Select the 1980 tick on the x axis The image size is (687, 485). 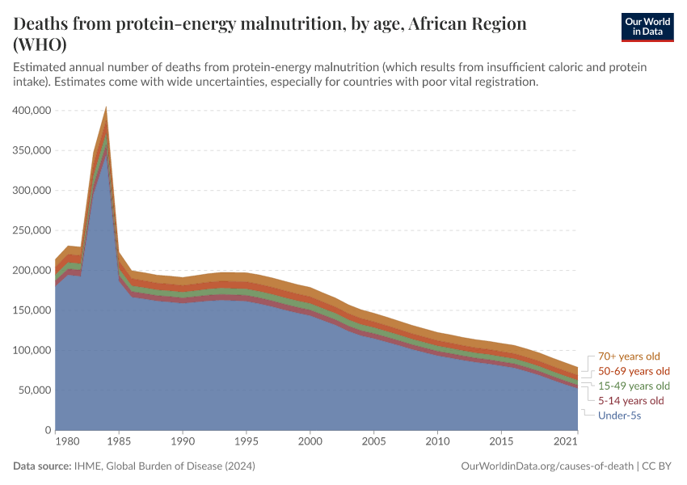pyautogui.click(x=67, y=443)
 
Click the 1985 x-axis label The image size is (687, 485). pyautogui.click(x=119, y=443)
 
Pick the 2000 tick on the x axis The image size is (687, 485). pyautogui.click(x=310, y=443)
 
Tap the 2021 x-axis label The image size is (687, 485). pyautogui.click(x=566, y=443)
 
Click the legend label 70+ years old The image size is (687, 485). pyautogui.click(x=630, y=356)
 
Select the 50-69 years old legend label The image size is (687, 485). pyautogui.click(x=634, y=371)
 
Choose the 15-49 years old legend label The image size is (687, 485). pyautogui.click(x=634, y=386)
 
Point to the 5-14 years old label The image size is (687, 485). pyautogui.click(x=630, y=401)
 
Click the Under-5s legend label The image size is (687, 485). pyautogui.click(x=619, y=415)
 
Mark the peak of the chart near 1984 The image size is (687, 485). pyautogui.click(x=106, y=109)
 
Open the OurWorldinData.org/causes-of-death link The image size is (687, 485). pyautogui.click(x=546, y=466)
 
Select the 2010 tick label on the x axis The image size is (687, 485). pyautogui.click(x=437, y=443)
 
